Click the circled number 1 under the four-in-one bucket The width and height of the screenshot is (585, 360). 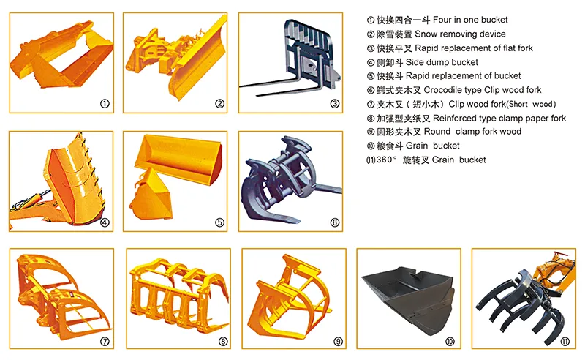[x=105, y=104]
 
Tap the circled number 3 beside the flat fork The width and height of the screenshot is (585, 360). [x=335, y=104]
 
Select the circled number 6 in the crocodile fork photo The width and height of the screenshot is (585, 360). [x=335, y=222]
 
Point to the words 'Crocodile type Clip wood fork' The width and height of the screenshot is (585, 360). [x=483, y=90]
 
